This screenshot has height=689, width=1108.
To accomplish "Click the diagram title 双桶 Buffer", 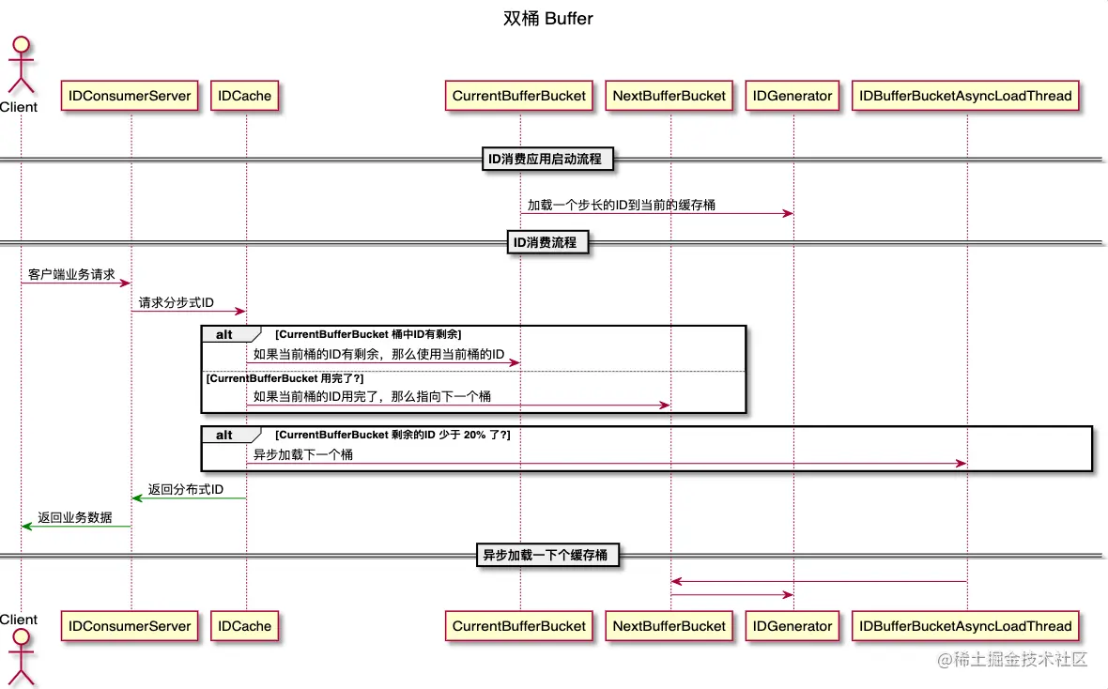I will tap(547, 18).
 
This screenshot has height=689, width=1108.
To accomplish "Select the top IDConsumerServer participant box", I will tap(131, 95).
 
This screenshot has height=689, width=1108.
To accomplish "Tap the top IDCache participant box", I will tap(245, 95).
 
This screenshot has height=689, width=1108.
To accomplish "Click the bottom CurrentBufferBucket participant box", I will tap(518, 626).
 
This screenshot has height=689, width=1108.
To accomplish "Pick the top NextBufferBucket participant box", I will tap(669, 95).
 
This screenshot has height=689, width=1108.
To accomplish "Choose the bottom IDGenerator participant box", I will tap(793, 626).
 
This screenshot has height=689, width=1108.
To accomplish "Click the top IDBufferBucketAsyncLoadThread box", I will tap(965, 95).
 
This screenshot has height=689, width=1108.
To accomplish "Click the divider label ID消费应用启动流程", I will tap(549, 160).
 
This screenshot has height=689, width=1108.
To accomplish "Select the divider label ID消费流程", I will tap(549, 242).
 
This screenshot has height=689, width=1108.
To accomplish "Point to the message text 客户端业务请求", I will tap(71, 275).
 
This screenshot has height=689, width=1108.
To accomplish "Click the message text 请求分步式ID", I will tap(177, 302).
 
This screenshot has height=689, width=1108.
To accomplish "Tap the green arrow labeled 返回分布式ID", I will tap(188, 498).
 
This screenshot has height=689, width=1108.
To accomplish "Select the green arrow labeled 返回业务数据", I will tap(75, 526).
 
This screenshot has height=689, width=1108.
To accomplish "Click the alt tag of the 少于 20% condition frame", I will tap(225, 436).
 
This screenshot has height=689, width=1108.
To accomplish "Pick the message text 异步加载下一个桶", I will tap(303, 454).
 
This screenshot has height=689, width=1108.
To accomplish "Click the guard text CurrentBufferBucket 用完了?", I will tap(285, 377).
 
